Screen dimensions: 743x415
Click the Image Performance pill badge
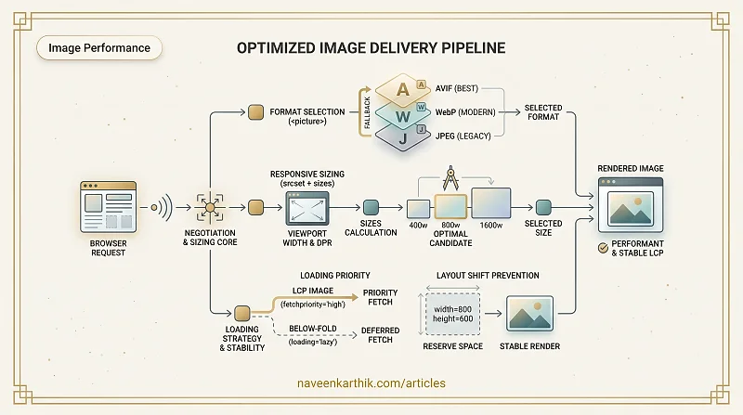[99, 48]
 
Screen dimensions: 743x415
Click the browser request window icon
[108, 207]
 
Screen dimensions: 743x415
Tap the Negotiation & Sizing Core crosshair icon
[210, 208]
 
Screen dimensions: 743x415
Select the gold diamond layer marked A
[402, 89]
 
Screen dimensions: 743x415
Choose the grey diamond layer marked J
[402, 138]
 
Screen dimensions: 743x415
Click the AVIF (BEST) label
[457, 88]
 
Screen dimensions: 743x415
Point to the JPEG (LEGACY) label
[463, 136]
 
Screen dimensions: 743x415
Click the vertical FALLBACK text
[367, 112]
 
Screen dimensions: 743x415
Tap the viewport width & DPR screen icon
[307, 208]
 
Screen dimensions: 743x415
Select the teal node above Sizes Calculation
[371, 208]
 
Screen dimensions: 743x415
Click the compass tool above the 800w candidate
[450, 178]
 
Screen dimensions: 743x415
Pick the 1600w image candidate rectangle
[491, 203]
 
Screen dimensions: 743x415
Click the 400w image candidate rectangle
[419, 209]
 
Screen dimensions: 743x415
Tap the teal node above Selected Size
[543, 208]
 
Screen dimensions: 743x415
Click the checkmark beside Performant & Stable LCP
[603, 248]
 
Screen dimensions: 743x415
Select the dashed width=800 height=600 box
[452, 314]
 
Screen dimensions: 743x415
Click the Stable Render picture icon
[529, 314]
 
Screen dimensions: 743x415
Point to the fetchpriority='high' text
[313, 305]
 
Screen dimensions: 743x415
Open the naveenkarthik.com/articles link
[371, 383]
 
